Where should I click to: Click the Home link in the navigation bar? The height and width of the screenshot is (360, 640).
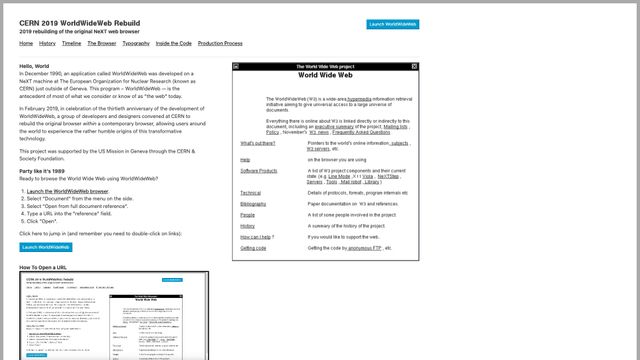coord(26,44)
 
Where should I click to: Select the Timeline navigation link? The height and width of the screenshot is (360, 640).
coord(71,44)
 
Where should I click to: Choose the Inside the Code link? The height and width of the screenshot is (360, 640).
coord(173,44)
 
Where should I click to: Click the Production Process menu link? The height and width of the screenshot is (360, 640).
coord(220,44)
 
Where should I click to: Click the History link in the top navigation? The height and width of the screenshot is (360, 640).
coord(47,44)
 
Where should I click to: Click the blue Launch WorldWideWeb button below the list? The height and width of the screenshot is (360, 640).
coord(46,247)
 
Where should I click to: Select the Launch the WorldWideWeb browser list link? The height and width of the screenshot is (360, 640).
coord(68,191)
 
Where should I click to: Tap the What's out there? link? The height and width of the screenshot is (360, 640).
coord(258,143)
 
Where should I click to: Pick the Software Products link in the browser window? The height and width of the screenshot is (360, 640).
coord(259,171)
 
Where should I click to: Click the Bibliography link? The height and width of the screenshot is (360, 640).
coord(253,203)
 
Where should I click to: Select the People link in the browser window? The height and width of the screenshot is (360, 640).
coord(247,214)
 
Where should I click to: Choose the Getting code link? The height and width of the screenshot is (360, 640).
coord(253,247)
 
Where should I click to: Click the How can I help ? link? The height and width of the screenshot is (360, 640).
coord(256,236)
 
